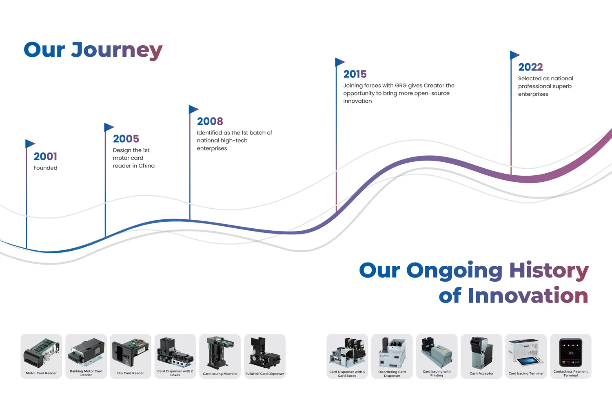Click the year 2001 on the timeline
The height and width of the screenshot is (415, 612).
45,157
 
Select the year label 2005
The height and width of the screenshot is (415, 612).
126,139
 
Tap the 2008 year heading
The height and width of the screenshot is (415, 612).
210,121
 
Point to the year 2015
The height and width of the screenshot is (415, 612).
355,74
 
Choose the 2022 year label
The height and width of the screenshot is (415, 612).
530,67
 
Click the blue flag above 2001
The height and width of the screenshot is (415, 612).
30,143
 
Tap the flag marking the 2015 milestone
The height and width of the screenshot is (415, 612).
340,62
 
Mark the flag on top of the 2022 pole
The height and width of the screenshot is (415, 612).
515,55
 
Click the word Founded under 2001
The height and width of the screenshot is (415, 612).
45,168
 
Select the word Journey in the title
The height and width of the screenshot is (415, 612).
117,51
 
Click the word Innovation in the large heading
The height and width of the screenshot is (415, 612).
528,296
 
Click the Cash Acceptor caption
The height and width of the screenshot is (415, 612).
481,373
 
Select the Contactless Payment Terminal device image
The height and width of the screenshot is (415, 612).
570,352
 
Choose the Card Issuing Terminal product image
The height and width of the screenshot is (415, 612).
526,352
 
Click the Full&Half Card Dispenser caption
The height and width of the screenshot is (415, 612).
264,373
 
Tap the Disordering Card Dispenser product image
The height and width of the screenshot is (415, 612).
392,353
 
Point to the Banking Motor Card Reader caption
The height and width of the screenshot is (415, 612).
86,373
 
